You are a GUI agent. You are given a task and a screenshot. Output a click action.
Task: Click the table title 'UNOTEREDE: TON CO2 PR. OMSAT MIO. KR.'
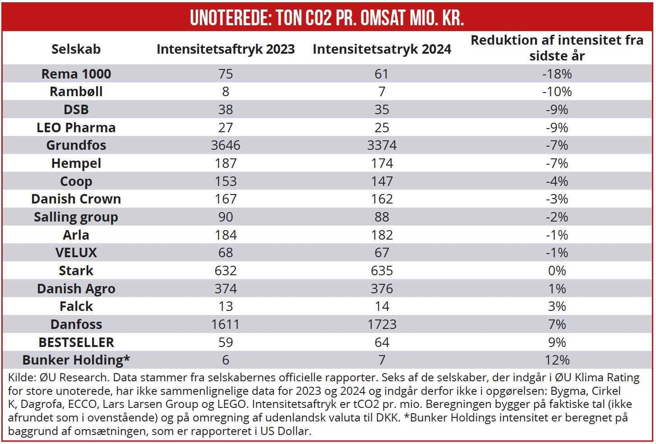[x=327, y=18]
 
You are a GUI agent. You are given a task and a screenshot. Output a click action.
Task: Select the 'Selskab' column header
[x=76, y=49]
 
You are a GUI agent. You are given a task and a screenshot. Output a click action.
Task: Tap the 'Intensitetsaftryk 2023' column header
[x=226, y=49]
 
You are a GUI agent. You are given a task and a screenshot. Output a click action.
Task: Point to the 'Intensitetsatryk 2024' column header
[x=382, y=49]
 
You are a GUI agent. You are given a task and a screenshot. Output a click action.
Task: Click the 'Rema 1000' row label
[x=76, y=74]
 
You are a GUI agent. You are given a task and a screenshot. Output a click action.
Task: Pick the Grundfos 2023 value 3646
[x=226, y=145]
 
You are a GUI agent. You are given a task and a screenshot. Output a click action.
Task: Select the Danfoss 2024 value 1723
[x=382, y=324]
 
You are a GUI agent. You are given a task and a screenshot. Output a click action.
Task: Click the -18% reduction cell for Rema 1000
[x=557, y=74]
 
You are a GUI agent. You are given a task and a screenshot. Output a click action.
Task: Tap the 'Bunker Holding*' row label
[x=76, y=360]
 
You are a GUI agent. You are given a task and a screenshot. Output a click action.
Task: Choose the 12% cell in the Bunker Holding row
[x=557, y=360]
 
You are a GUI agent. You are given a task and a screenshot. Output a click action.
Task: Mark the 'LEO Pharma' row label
[x=76, y=128]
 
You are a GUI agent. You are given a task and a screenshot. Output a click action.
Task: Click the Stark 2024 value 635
[x=382, y=271]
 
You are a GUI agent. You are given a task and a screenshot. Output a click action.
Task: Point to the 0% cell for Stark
[x=557, y=271]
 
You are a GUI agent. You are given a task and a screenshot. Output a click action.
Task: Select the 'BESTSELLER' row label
[x=76, y=342]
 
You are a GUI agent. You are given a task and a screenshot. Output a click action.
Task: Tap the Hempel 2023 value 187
[x=226, y=163]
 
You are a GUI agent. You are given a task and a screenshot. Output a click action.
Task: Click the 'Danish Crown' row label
[x=76, y=199]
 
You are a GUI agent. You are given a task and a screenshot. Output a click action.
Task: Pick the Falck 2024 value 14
[x=382, y=306]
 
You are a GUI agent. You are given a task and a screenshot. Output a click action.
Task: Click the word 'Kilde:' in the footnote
[x=22, y=378]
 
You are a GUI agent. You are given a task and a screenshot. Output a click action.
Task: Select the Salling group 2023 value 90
[x=226, y=217]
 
